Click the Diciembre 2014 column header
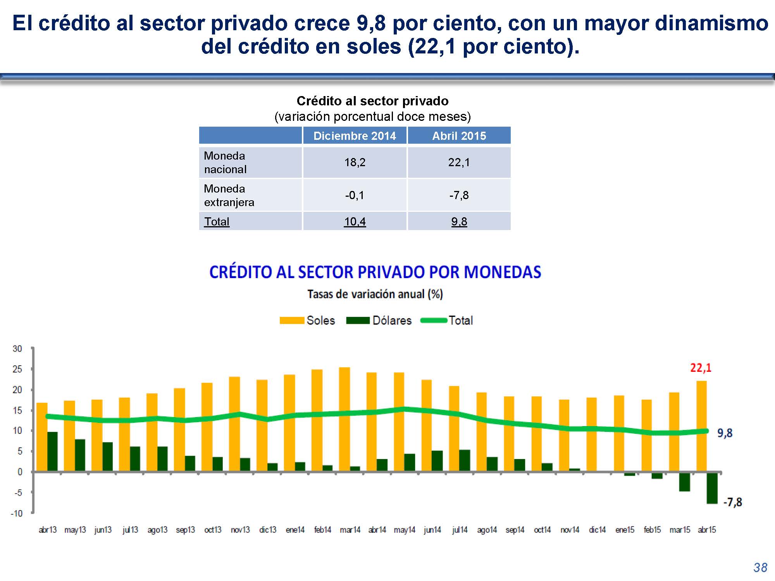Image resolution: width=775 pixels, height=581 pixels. tap(355, 136)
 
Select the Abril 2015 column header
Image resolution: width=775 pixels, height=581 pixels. tap(459, 136)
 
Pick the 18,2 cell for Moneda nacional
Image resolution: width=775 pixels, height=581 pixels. tap(355, 162)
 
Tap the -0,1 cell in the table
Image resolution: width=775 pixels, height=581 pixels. tap(355, 195)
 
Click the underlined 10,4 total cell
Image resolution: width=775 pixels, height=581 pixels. tap(355, 222)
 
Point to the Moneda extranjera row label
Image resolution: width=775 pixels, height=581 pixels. tap(229, 195)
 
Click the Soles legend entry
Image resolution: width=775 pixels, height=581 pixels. tap(308, 320)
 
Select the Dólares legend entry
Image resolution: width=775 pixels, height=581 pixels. tap(379, 320)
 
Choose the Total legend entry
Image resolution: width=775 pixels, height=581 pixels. tap(447, 320)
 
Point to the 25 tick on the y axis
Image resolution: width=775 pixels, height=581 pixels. tap(17, 369)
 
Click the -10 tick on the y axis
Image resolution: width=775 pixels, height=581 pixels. tap(17, 513)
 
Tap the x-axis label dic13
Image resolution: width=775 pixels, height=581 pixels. tap(268, 529)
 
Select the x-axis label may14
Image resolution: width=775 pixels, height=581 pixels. tap(405, 529)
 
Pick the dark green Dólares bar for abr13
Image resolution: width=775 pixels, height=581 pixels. tap(52, 452)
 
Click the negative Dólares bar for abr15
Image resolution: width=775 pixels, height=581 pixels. tap(712, 488)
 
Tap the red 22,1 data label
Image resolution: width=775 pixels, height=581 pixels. tap(701, 368)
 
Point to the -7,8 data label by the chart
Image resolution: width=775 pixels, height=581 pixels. tap(732, 502)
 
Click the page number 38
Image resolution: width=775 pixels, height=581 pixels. tap(760, 567)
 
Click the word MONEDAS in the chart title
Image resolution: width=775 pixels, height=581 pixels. tap(502, 272)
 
